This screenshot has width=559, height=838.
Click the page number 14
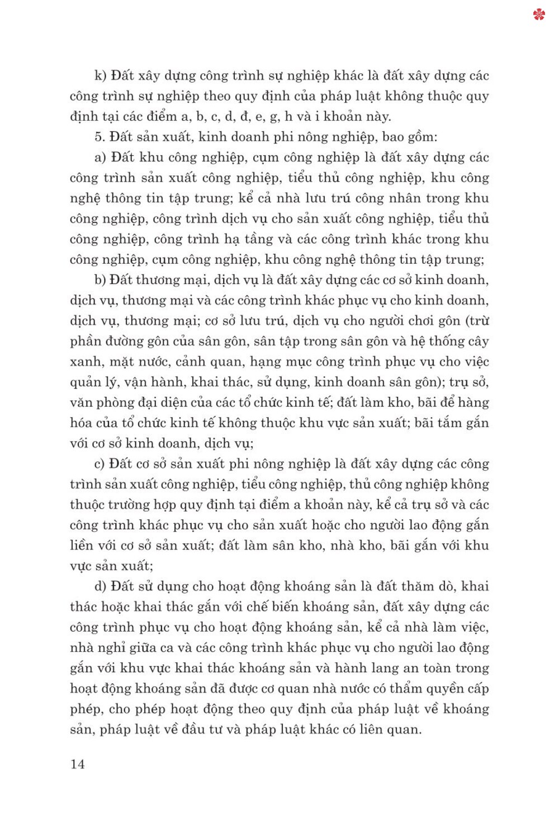pyautogui.click(x=78, y=764)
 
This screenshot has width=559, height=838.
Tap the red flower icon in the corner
pyautogui.click(x=539, y=15)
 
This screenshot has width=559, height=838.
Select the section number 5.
pyautogui.click(x=100, y=137)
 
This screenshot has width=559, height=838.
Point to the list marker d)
pyautogui.click(x=100, y=586)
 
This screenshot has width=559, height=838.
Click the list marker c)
pyautogui.click(x=100, y=464)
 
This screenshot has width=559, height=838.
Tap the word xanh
pyautogui.click(x=85, y=362)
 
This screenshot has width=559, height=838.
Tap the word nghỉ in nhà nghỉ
pyautogui.click(x=111, y=648)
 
